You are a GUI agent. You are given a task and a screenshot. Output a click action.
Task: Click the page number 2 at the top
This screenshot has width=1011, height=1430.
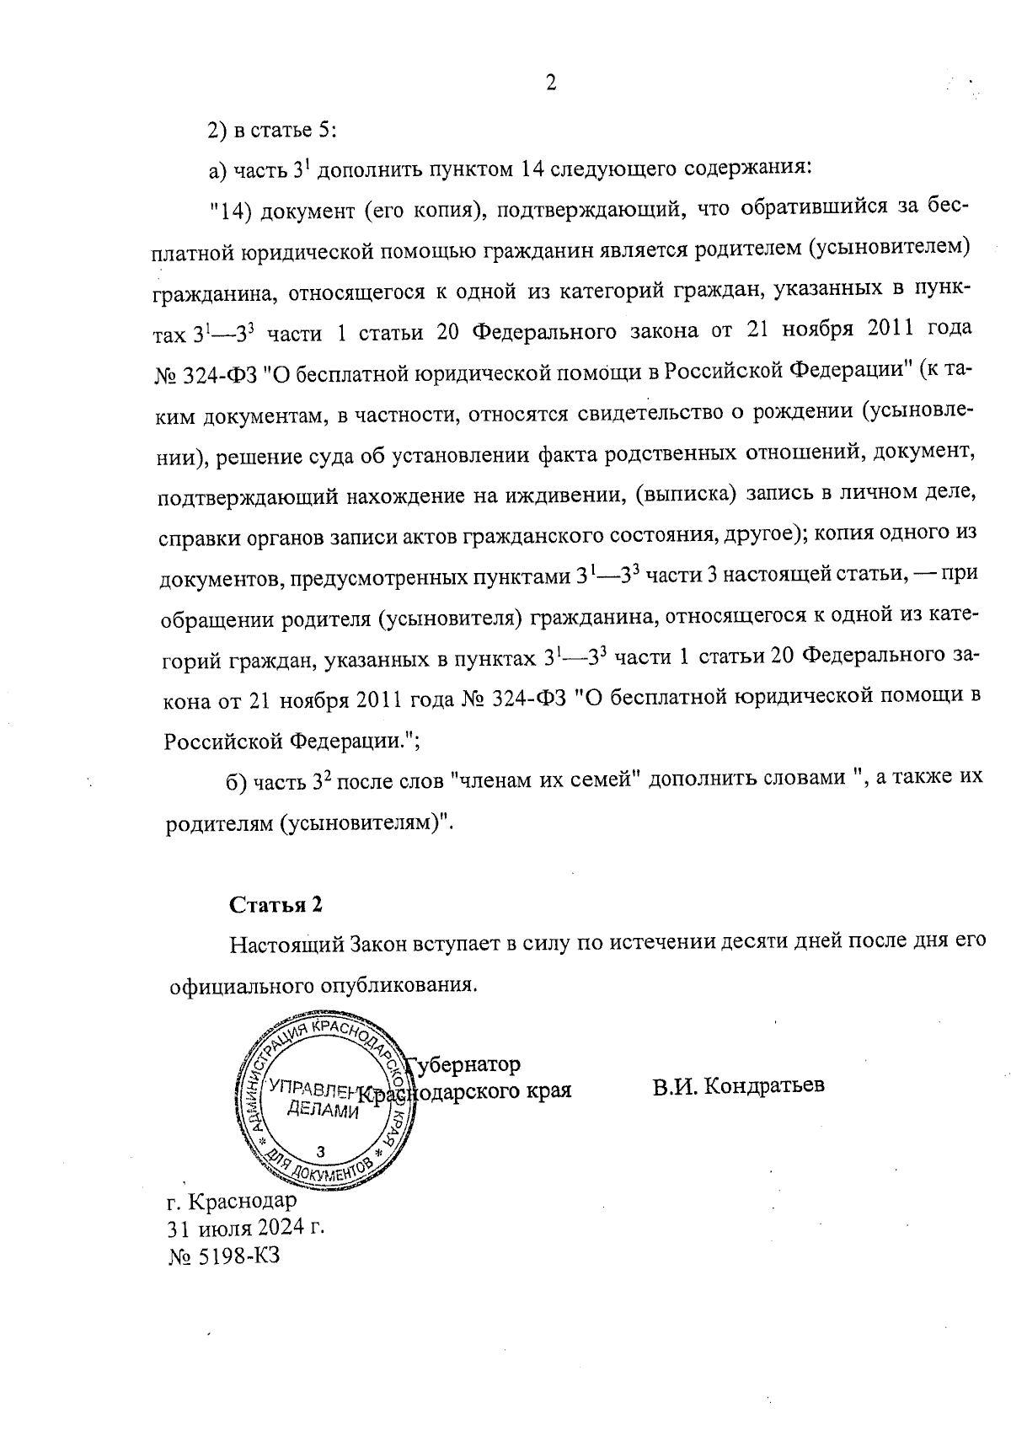point(551,83)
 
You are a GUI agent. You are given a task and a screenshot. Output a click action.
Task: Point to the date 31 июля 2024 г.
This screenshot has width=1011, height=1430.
point(246,1227)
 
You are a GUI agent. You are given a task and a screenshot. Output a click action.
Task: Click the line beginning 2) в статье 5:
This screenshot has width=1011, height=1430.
point(272,130)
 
